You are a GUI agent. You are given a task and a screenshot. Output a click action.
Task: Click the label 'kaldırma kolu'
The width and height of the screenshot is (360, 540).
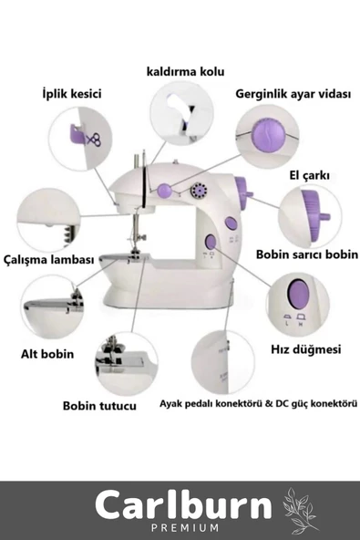pyautogui.click(x=185, y=72)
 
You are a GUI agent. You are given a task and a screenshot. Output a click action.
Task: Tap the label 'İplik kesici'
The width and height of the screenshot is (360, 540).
pyautogui.click(x=72, y=94)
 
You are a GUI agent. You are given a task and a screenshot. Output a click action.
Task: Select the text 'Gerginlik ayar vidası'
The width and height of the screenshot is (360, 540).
pyautogui.click(x=293, y=94)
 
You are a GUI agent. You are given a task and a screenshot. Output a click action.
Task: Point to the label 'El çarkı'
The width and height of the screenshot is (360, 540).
pyautogui.click(x=309, y=176)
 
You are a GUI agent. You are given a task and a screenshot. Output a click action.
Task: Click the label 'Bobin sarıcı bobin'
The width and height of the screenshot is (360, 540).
pyautogui.click(x=307, y=254)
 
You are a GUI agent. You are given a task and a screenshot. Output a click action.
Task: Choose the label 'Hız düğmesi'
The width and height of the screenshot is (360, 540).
pyautogui.click(x=306, y=349)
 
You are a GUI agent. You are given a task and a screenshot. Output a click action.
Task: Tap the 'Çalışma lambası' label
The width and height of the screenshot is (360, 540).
pyautogui.click(x=49, y=259)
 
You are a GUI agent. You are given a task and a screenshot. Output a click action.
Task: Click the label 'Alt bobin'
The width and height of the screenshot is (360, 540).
pyautogui.click(x=47, y=354)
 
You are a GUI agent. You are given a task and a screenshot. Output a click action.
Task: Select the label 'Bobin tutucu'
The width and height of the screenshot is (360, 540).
pyautogui.click(x=99, y=406)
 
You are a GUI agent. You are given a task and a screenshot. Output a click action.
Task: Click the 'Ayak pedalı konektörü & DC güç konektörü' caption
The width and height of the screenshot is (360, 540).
pyautogui.click(x=258, y=403)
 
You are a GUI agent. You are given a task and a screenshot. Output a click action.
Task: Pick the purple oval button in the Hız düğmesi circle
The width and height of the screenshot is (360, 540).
pyautogui.click(x=298, y=294)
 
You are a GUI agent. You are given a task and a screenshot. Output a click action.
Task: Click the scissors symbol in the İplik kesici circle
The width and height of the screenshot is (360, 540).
pyautogui.click(x=93, y=140)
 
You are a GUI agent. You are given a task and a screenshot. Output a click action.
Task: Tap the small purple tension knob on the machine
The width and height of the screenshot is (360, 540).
pyautogui.click(x=164, y=190)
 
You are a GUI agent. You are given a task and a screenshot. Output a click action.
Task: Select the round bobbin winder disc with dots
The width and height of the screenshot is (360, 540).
pyautogui.click(x=199, y=190)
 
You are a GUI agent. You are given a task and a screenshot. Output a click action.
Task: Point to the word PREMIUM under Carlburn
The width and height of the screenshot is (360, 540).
pyautogui.click(x=185, y=527)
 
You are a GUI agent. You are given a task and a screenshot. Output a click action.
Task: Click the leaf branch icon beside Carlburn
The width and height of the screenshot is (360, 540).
pyautogui.click(x=299, y=509)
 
